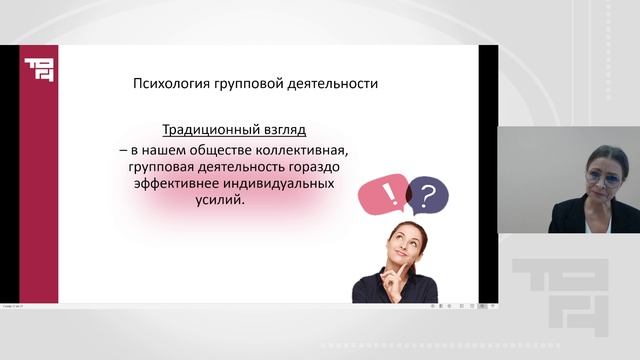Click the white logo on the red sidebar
[x=40, y=73]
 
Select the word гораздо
[x=330, y=166]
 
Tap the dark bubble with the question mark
[x=429, y=195]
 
